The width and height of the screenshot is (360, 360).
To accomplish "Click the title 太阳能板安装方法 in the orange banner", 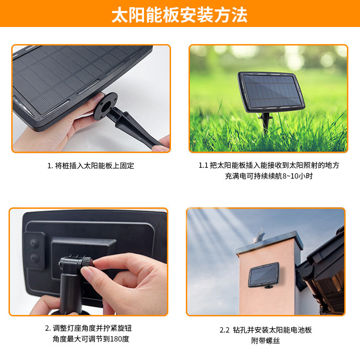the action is [179, 15].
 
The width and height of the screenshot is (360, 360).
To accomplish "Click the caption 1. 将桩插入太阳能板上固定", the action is [91, 166].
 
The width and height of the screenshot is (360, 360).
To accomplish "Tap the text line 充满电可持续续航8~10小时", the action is [269, 176].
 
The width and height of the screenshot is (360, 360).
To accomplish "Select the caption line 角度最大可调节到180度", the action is [91, 339].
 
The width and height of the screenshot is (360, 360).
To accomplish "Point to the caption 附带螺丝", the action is [265, 341].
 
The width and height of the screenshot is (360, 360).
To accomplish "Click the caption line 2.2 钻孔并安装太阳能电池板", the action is [265, 330].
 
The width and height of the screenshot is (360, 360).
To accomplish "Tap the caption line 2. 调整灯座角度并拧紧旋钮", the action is [88, 328].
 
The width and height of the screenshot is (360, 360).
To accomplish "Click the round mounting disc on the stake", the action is [106, 106].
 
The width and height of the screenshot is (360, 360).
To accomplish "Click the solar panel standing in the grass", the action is [271, 92].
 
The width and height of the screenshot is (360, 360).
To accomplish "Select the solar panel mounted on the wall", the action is [264, 274].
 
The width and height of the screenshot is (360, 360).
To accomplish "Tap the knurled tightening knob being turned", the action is [87, 262].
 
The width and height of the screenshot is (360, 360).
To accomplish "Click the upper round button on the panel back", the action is [34, 243].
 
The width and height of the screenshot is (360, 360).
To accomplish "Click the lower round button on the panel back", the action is [35, 258].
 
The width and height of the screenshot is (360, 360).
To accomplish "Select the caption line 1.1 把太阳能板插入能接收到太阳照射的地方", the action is [269, 165].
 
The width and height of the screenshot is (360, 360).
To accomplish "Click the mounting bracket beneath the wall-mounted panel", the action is [268, 287].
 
